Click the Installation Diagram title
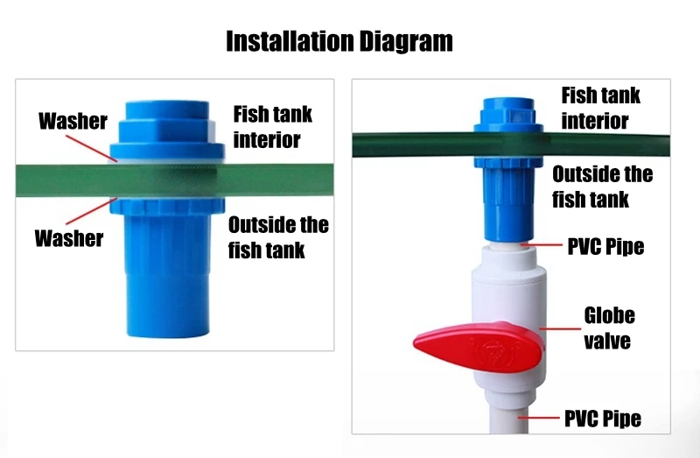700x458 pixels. coord(339,41)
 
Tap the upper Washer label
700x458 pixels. coord(73,121)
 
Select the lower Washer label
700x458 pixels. coord(69,238)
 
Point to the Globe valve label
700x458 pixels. coord(609,328)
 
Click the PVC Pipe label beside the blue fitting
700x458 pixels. coord(605,247)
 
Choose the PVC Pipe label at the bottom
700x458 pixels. coord(603,419)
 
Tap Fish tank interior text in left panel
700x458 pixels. coord(272,127)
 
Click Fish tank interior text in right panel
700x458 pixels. coord(600,108)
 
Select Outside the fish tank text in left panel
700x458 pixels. coord(278,237)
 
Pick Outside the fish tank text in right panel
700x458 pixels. coord(602,187)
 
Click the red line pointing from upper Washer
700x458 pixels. coord(92,148)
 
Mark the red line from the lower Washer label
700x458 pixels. coord(92,211)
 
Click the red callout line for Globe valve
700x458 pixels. coord(560,329)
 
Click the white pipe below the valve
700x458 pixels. coord(508,417)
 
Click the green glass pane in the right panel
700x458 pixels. coord(511,144)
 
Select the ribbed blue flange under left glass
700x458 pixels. coord(167,206)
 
